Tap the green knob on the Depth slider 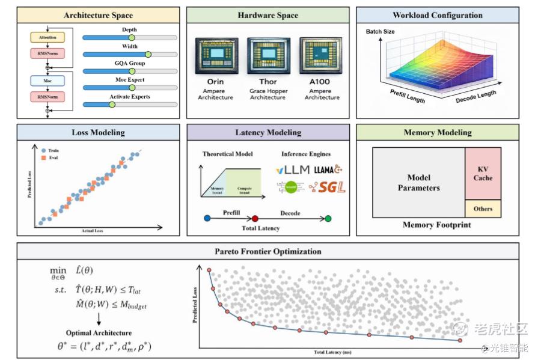point(132,37)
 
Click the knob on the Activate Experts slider point(112,105)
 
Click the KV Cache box point(483,174)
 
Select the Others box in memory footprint point(483,209)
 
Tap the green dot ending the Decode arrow point(328,218)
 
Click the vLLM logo point(293,170)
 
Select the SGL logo point(328,188)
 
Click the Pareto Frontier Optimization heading point(267,251)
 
